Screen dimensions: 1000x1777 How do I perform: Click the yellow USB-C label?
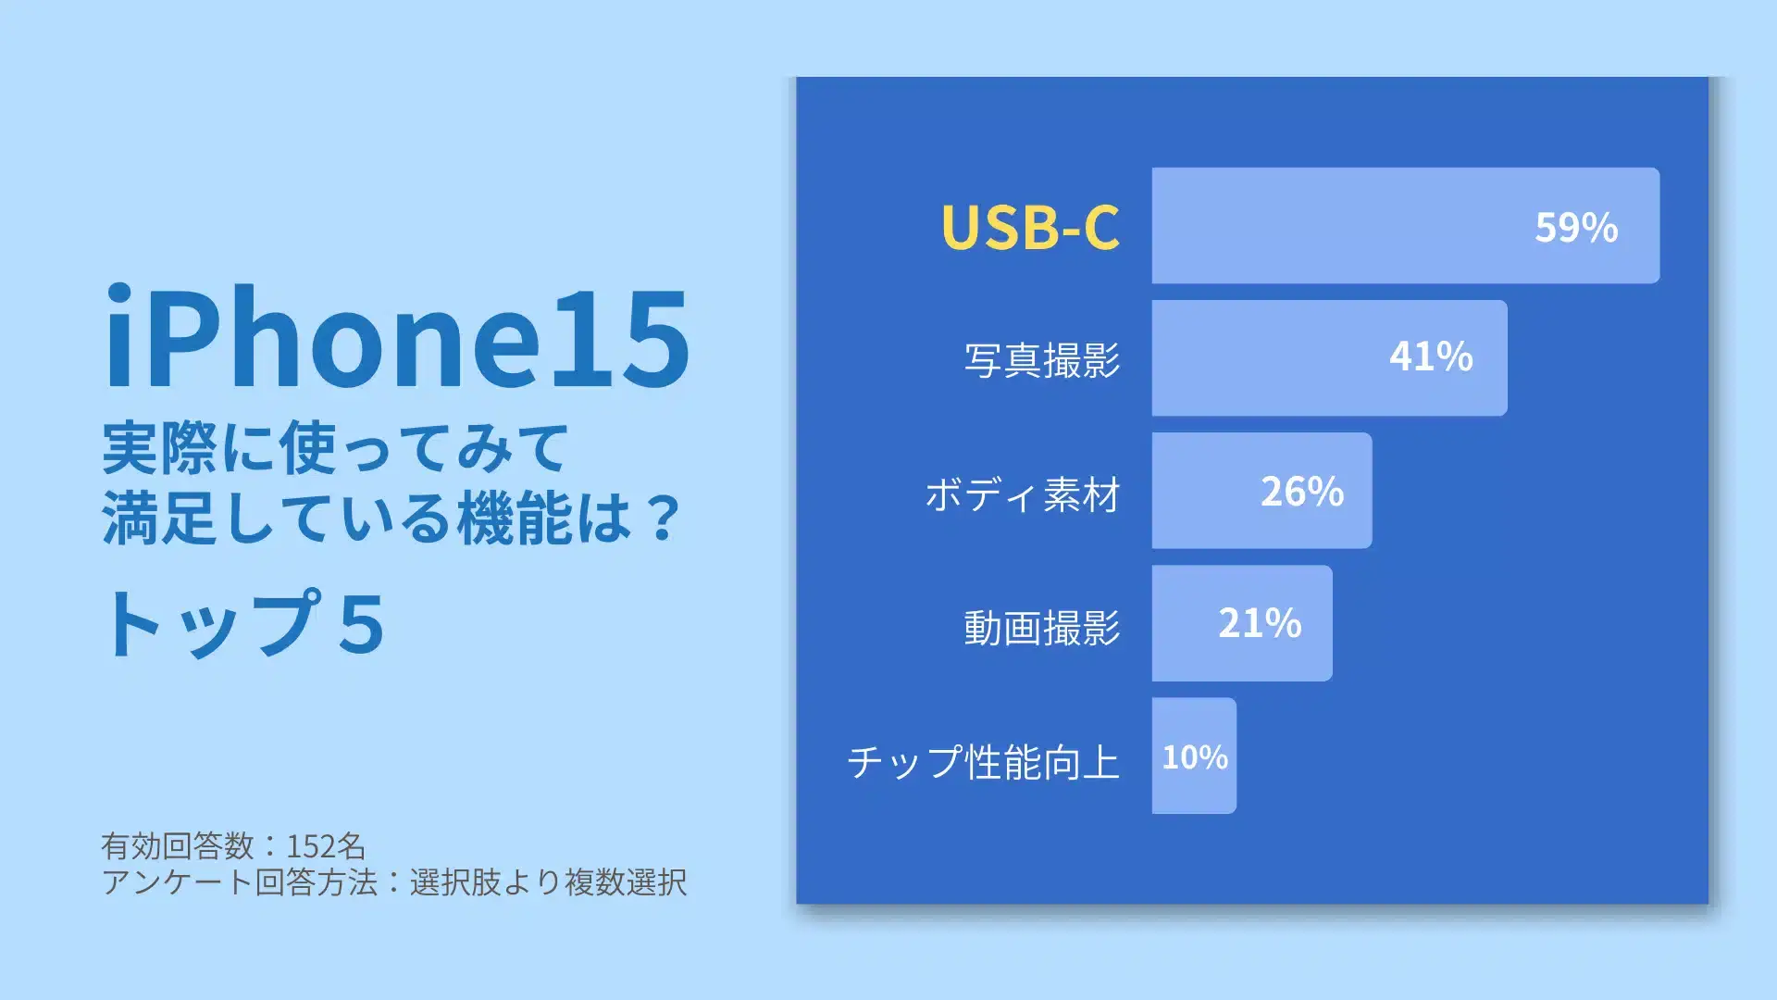pos(1030,226)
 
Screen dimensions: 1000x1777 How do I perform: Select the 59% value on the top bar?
pos(1576,227)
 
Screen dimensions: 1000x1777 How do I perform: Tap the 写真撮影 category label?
pos(1042,359)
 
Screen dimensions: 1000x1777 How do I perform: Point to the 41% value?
pos(1431,356)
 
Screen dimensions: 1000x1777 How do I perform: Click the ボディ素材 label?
pos(1023,494)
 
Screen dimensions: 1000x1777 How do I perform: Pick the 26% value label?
pos(1302,492)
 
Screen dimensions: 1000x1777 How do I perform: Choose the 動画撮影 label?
pos(1042,627)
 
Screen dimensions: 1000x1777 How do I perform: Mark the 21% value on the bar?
pos(1260,623)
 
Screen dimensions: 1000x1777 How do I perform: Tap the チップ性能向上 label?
pos(984,761)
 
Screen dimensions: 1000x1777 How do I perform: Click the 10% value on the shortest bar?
pos(1195,757)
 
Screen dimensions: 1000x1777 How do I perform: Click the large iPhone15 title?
pos(397,338)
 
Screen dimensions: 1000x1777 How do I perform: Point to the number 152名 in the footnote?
pos(326,845)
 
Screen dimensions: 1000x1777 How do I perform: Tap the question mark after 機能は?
pos(664,519)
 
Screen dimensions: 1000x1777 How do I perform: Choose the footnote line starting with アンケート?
pos(394,881)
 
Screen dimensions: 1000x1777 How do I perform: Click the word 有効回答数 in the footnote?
pos(177,845)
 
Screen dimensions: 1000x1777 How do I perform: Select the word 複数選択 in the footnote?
pos(626,881)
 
